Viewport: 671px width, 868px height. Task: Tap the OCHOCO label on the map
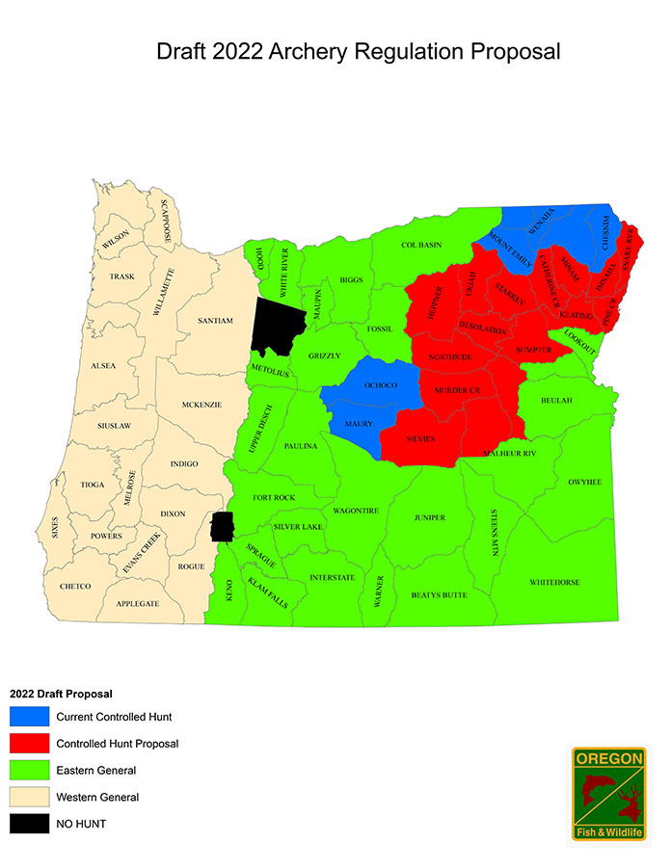379,385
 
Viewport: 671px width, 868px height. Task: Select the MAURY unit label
359,424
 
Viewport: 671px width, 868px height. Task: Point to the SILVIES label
421,438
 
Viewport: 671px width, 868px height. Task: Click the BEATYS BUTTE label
439,594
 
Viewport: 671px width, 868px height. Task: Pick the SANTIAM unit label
215,321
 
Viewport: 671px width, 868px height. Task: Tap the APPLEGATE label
138,603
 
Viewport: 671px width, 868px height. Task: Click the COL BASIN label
421,245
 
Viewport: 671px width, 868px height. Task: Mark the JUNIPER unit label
430,517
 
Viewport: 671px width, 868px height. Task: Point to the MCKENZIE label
202,405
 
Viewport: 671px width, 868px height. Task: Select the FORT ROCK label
274,497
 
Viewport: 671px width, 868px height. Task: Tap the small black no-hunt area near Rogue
222,527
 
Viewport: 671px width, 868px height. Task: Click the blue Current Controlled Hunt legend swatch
28,717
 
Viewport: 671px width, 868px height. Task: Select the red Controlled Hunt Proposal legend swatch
28,744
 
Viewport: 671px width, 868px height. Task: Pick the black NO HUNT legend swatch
28,824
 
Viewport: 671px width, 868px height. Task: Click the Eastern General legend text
95,771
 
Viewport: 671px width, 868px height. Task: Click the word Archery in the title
306,50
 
